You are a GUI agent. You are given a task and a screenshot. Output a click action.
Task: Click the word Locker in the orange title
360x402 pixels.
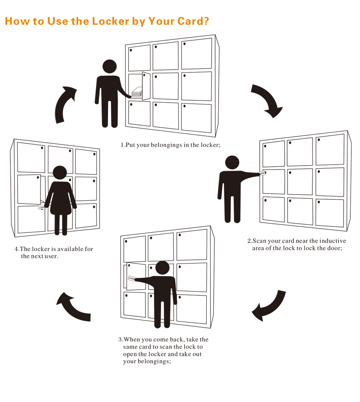[x=110, y=21]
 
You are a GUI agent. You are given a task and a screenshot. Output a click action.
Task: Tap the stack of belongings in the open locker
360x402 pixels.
[x=137, y=92]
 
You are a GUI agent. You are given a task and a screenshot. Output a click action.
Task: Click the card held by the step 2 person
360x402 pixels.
[x=262, y=174]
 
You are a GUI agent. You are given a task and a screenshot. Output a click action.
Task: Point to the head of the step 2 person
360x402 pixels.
[x=232, y=162]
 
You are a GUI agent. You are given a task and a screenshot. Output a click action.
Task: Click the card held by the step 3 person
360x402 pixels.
[x=132, y=278]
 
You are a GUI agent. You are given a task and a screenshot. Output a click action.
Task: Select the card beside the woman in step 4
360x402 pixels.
[x=42, y=207]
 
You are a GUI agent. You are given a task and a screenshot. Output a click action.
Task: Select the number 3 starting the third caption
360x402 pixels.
[x=120, y=340]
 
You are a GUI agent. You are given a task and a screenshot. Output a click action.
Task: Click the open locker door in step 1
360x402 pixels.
[x=146, y=86]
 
